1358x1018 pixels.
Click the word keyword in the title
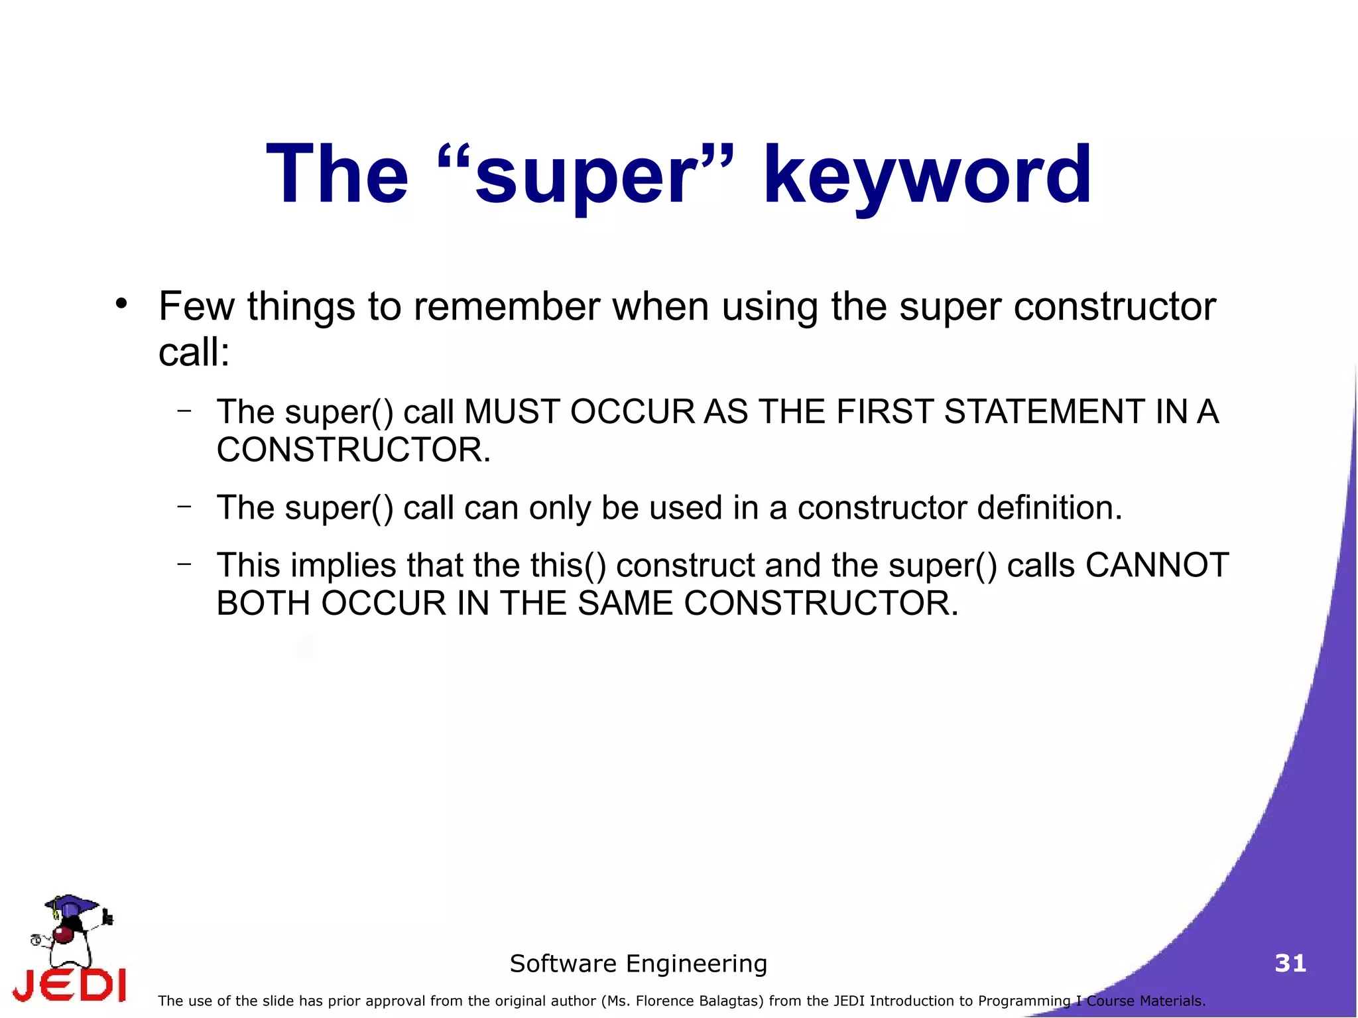(x=927, y=176)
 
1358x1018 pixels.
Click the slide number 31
(x=1290, y=963)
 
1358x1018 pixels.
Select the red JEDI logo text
(x=70, y=985)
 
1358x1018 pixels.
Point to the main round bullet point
(x=121, y=304)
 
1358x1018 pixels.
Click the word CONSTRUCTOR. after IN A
(x=353, y=450)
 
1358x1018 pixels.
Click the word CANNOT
(x=1156, y=566)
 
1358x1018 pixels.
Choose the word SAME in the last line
(x=625, y=604)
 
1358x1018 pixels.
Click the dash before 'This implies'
(x=184, y=564)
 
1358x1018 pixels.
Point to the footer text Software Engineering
(x=638, y=963)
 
